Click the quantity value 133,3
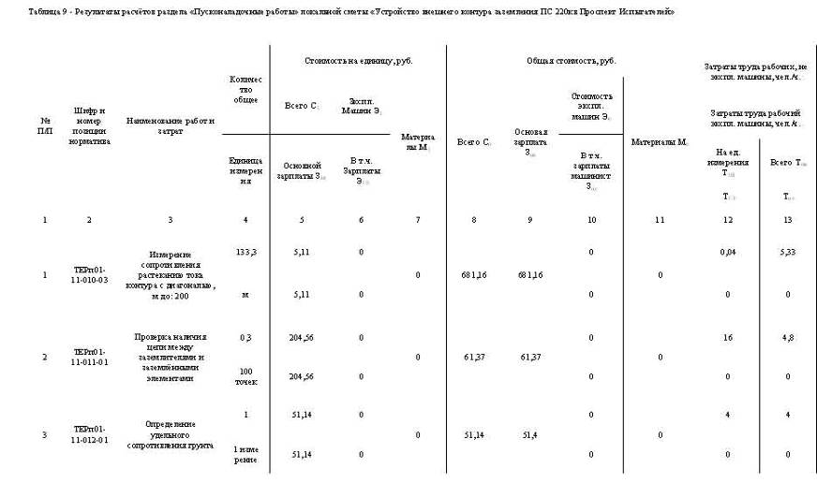click(x=245, y=252)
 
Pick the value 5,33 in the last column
click(x=787, y=252)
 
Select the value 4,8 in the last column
click(x=787, y=335)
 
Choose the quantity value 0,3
click(x=245, y=335)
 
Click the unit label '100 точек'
click(x=245, y=376)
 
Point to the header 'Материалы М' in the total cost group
click(x=660, y=142)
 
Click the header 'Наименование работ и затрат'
click(x=171, y=125)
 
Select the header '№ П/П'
click(x=45, y=125)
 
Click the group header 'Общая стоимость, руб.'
click(x=572, y=60)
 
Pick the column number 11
click(x=660, y=220)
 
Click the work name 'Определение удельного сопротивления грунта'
click(x=171, y=434)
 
